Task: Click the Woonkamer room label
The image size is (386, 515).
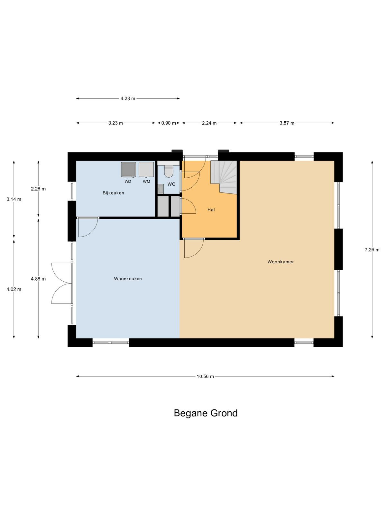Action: point(280,262)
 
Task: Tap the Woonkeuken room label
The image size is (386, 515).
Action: point(128,279)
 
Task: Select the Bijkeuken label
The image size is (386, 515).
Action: point(113,193)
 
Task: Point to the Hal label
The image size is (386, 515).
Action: point(211,210)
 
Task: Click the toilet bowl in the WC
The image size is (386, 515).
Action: point(168,171)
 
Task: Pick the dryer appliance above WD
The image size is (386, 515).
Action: point(128,169)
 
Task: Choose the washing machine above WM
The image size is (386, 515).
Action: point(146,169)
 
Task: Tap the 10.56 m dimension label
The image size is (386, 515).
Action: point(205,377)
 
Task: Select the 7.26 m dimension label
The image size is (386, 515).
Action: point(372,250)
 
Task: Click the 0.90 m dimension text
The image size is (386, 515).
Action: point(169,123)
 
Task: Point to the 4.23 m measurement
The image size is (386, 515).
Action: point(128,98)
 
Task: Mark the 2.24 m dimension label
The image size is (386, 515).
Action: point(209,123)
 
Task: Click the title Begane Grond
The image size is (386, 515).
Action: point(206,413)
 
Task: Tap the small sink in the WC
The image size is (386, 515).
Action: point(161,189)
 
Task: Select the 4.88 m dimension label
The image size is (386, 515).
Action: point(38,279)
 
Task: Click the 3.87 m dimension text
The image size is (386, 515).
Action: point(287,123)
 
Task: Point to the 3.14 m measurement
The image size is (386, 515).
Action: point(14,200)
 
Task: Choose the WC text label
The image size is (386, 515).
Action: point(171,184)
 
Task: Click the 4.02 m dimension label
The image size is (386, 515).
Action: point(14,289)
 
